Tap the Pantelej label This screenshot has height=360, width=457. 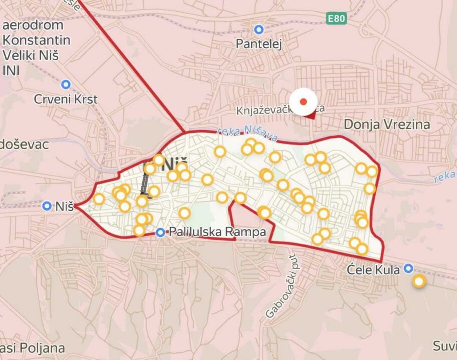tap(259, 44)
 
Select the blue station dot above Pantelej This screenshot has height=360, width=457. tap(259, 30)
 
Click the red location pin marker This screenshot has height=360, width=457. tap(303, 102)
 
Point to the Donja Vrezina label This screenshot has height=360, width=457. tap(387, 124)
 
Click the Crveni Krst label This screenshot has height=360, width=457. tap(66, 99)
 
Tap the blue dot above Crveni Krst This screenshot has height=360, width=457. tap(66, 84)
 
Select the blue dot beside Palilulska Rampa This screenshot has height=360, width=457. tap(160, 232)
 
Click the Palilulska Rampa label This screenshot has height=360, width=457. tap(217, 232)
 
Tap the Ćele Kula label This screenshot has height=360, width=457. tap(374, 270)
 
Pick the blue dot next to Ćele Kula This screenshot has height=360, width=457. tap(409, 268)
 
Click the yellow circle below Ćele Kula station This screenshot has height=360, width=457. tap(419, 281)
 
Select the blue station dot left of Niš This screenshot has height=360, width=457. tap(47, 206)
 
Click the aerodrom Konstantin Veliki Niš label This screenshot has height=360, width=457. tap(35, 47)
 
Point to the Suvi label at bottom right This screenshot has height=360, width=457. tap(444, 346)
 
